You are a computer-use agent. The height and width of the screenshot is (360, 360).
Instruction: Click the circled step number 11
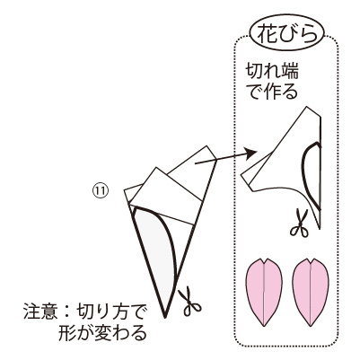[100, 191]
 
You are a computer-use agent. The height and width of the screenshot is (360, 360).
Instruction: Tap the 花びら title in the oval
[287, 33]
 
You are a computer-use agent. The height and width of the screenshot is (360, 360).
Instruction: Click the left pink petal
[264, 292]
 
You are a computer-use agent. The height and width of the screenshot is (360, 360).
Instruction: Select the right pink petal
[311, 292]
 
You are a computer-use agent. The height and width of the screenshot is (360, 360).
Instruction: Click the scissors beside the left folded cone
[189, 301]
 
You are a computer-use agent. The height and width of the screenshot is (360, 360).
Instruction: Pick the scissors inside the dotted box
[299, 224]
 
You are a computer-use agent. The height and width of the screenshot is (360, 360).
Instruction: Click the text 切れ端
[272, 72]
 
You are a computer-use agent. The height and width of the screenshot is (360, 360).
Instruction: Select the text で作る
[273, 92]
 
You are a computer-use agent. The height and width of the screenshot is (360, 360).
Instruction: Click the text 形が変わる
[102, 333]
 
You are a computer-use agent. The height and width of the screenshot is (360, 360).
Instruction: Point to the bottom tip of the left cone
[165, 317]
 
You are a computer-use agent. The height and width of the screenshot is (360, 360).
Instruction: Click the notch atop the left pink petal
[264, 262]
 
